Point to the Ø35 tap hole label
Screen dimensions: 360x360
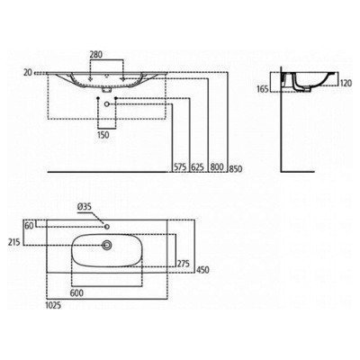(85, 207)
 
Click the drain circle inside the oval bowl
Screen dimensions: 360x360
(107, 243)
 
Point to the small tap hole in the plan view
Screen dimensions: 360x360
(107, 224)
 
